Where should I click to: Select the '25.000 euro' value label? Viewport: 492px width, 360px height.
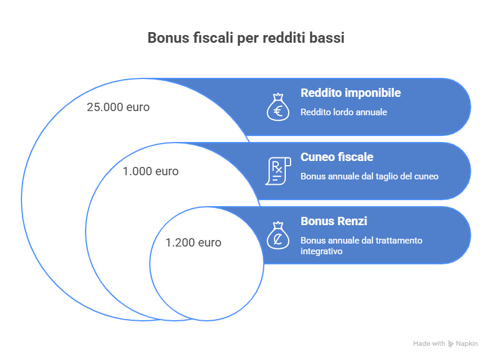click(118, 108)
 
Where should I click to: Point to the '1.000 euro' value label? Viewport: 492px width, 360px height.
click(150, 172)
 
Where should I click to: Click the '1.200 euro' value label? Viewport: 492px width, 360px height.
click(193, 243)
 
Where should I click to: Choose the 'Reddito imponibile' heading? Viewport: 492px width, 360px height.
click(351, 93)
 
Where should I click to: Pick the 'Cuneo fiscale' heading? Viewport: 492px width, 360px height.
click(337, 157)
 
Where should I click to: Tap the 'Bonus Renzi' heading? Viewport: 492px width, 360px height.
click(334, 221)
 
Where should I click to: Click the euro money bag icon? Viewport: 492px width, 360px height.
click(278, 108)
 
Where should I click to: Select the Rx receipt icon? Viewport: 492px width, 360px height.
click(278, 171)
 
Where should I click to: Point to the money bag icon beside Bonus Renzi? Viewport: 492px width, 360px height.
click(278, 235)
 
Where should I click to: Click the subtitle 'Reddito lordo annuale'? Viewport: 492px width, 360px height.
click(343, 112)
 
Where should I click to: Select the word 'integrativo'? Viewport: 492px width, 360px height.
click(321, 251)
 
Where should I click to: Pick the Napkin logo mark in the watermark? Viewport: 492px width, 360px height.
click(450, 344)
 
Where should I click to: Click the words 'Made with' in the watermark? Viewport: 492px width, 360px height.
click(429, 344)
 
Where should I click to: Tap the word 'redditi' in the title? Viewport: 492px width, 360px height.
click(284, 38)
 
